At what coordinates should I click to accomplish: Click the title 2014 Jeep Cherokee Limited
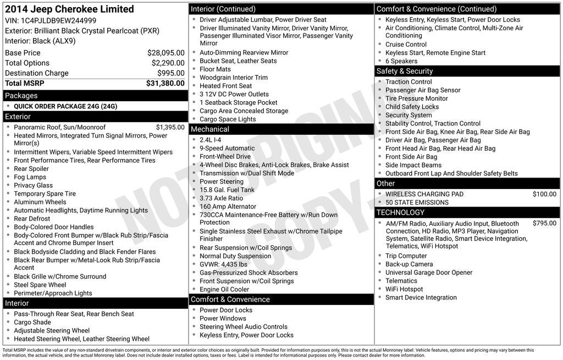click(x=69, y=9)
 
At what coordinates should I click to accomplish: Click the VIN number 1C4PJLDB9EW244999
click(x=58, y=21)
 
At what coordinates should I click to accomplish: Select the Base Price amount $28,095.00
click(x=165, y=53)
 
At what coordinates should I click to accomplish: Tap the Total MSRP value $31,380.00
click(x=165, y=84)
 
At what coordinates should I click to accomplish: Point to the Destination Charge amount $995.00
click(x=170, y=73)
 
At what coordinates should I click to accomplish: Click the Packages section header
click(x=21, y=96)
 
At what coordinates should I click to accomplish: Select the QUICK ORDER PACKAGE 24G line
click(x=65, y=107)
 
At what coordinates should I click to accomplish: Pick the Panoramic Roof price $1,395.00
click(x=170, y=128)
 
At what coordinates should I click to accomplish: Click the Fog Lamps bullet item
click(x=30, y=178)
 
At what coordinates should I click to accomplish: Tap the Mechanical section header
click(x=209, y=129)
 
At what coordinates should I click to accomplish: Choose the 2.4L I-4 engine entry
click(x=211, y=140)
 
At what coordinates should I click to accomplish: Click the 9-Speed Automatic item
click(x=227, y=148)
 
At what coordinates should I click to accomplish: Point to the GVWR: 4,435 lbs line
click(x=223, y=264)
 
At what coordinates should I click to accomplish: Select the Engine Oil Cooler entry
click(x=224, y=290)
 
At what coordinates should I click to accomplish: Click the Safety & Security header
click(x=405, y=71)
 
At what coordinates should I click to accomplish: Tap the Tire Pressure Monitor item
click(x=417, y=99)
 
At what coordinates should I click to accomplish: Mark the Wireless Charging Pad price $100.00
click(x=544, y=194)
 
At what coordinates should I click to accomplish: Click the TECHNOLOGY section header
click(x=401, y=213)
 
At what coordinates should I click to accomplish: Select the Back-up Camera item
click(x=409, y=264)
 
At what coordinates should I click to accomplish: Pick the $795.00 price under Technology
click(x=544, y=224)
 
